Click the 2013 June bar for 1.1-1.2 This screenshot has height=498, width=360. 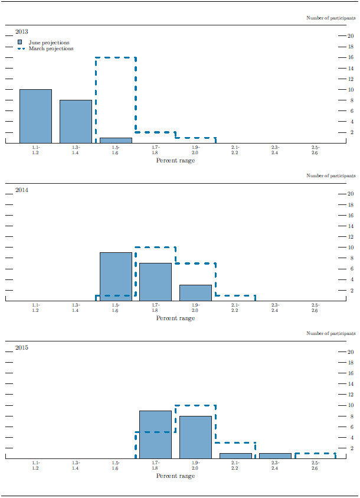pyautogui.click(x=35, y=116)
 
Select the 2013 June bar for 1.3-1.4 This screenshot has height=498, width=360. pyautogui.click(x=76, y=122)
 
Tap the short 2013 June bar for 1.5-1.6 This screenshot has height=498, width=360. pyautogui.click(x=116, y=141)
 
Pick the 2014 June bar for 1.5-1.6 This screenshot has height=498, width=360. pyautogui.click(x=116, y=276)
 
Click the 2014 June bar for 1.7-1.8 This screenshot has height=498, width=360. pyautogui.click(x=155, y=282)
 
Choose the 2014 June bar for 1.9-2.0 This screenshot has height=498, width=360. pyautogui.click(x=195, y=292)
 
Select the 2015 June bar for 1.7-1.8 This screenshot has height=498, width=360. pyautogui.click(x=155, y=434)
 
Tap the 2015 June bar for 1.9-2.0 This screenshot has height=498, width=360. pyautogui.click(x=195, y=437)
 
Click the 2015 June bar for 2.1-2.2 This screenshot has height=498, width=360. pyautogui.click(x=235, y=455)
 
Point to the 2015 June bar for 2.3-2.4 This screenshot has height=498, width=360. pyautogui.click(x=275, y=455)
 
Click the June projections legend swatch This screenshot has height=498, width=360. pyautogui.click(x=20, y=43)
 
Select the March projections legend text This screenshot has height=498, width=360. pyautogui.click(x=51, y=49)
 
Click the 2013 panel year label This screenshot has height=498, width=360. pyautogui.click(x=22, y=32)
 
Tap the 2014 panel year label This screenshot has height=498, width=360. pyautogui.click(x=22, y=190)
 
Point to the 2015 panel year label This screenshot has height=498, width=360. pyautogui.click(x=22, y=347)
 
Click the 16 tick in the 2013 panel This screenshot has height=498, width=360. pyautogui.click(x=351, y=58)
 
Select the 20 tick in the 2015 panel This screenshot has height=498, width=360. pyautogui.click(x=351, y=352)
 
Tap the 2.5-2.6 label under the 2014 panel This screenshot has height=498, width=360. pyautogui.click(x=315, y=307)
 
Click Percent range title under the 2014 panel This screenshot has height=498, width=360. pyautogui.click(x=175, y=318)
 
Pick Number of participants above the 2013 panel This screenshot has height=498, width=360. pyautogui.click(x=331, y=18)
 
